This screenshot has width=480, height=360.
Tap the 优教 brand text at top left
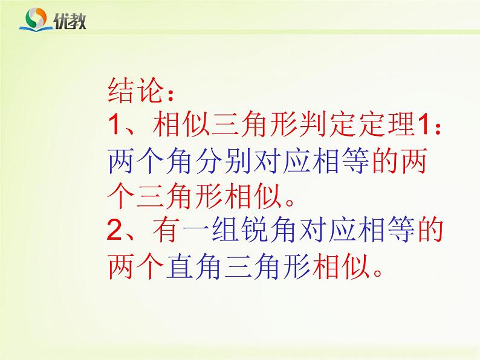click(70, 21)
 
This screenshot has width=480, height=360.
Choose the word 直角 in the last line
click(194, 266)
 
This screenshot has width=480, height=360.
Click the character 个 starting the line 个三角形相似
click(123, 196)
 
